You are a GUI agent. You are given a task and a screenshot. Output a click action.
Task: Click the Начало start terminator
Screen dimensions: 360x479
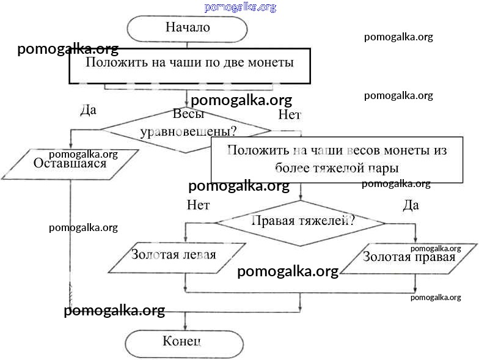[x=187, y=28]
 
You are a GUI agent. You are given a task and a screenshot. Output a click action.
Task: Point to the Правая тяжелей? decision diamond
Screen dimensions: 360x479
[x=300, y=221]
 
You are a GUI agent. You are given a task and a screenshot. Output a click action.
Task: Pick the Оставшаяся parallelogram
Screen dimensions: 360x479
[x=71, y=163]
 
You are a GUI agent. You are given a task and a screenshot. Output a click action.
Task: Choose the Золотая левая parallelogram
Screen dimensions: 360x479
[x=174, y=255]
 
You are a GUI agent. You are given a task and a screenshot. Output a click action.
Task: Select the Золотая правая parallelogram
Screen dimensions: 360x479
[x=409, y=257]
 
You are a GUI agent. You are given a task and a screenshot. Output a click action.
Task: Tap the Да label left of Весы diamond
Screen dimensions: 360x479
[x=89, y=111]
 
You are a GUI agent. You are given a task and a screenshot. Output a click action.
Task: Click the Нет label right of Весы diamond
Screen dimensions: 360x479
[x=290, y=114]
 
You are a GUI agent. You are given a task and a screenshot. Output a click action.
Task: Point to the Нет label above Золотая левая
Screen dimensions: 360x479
[x=199, y=205]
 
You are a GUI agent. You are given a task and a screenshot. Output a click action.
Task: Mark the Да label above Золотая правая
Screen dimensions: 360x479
[x=411, y=205]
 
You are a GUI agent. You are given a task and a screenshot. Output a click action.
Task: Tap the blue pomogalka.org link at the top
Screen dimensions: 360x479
[x=240, y=7]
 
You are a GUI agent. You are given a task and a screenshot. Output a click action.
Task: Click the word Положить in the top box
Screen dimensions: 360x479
[x=112, y=63]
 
